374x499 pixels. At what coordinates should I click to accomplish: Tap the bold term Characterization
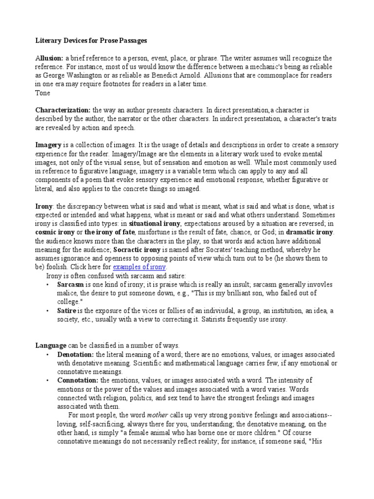click(x=63, y=111)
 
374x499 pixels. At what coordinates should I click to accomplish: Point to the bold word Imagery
click(x=49, y=145)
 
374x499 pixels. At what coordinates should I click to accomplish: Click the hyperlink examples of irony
click(x=140, y=267)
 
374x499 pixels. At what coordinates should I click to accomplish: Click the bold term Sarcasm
click(x=71, y=284)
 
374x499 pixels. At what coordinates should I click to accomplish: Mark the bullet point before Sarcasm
click(x=47, y=284)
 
